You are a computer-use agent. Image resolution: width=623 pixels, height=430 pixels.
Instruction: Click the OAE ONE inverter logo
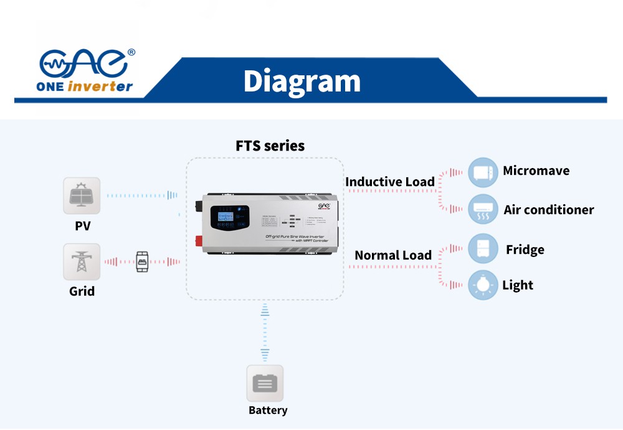(87, 70)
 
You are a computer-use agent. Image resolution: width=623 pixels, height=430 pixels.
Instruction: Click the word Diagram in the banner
(302, 81)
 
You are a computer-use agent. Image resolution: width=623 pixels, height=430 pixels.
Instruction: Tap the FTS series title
(270, 146)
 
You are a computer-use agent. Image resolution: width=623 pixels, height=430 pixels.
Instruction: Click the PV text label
(82, 226)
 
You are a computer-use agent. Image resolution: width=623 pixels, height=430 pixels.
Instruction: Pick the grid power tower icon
(82, 262)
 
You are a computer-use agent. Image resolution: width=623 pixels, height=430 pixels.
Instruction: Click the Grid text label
(82, 291)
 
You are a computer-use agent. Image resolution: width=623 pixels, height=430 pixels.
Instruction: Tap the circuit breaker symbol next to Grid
(143, 262)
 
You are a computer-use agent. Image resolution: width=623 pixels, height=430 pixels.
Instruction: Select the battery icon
(265, 383)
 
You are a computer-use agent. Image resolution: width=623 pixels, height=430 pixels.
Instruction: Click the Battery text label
(268, 410)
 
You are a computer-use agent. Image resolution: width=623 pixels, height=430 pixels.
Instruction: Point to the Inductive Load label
(390, 182)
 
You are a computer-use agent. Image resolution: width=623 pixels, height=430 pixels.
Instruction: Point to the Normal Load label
(392, 255)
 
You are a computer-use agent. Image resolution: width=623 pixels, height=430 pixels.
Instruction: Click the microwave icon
(483, 172)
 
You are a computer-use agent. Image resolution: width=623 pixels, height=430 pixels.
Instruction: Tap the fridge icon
(483, 249)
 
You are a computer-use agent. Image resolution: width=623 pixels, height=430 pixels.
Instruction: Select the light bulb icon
(483, 285)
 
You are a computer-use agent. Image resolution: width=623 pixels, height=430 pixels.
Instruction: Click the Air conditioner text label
(548, 210)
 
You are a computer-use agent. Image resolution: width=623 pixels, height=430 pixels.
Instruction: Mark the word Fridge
(525, 250)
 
